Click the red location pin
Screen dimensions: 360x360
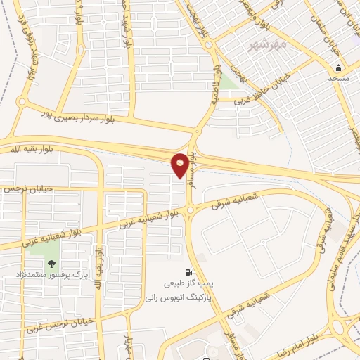(180, 165)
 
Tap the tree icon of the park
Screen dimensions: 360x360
(51, 264)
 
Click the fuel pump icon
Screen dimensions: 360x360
(188, 272)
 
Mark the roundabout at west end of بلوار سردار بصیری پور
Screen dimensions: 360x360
(22, 104)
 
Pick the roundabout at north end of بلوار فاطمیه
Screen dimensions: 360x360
(211, 44)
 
